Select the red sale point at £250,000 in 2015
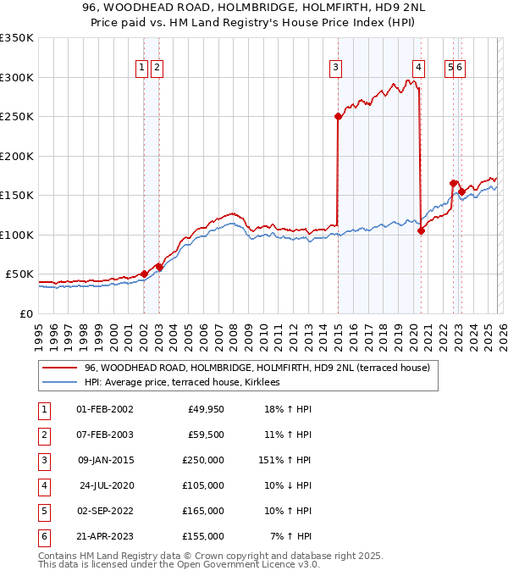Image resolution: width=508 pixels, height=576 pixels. coord(338,117)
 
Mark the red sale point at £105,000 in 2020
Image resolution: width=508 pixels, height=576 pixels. coord(421,230)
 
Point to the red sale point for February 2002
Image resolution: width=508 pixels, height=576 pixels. coord(144,274)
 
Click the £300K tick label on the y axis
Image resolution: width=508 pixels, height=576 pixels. coord(17,77)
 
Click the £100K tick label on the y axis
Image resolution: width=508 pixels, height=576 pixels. coord(17,235)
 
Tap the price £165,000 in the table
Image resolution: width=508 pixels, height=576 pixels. coord(203,511)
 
